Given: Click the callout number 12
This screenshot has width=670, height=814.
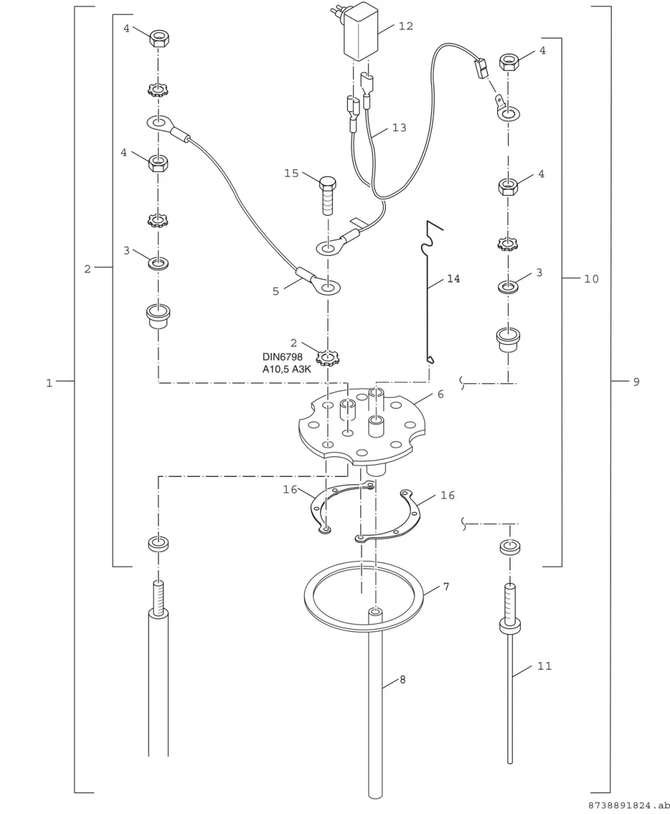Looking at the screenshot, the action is [405, 26].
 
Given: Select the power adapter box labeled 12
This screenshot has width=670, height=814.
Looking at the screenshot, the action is [360, 33].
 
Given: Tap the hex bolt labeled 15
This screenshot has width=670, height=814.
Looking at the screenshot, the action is [328, 196].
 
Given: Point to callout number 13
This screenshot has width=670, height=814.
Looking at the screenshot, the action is [399, 128].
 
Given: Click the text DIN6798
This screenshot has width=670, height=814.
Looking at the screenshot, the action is [283, 356].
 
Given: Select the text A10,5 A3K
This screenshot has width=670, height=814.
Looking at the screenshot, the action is [287, 369].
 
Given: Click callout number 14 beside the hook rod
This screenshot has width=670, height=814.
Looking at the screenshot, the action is [454, 279].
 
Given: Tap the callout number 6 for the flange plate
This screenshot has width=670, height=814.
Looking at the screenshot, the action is [440, 394].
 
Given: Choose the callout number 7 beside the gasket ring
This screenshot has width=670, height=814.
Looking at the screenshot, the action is [446, 587].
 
